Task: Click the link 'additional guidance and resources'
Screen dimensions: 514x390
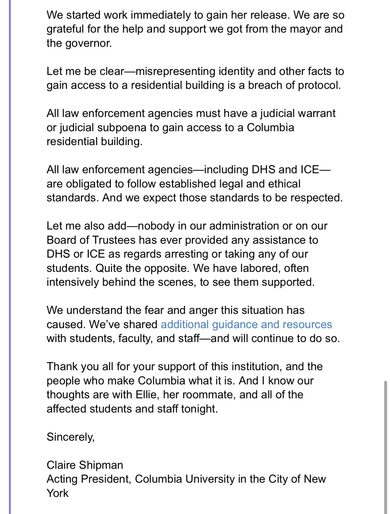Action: tap(246, 324)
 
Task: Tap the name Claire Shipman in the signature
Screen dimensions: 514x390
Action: tap(85, 465)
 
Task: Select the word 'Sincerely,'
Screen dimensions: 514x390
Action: tap(70, 437)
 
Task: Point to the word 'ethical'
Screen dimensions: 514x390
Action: tap(285, 184)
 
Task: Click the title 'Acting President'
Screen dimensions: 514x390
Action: tap(88, 479)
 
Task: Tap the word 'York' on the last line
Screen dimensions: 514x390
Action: tap(58, 493)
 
